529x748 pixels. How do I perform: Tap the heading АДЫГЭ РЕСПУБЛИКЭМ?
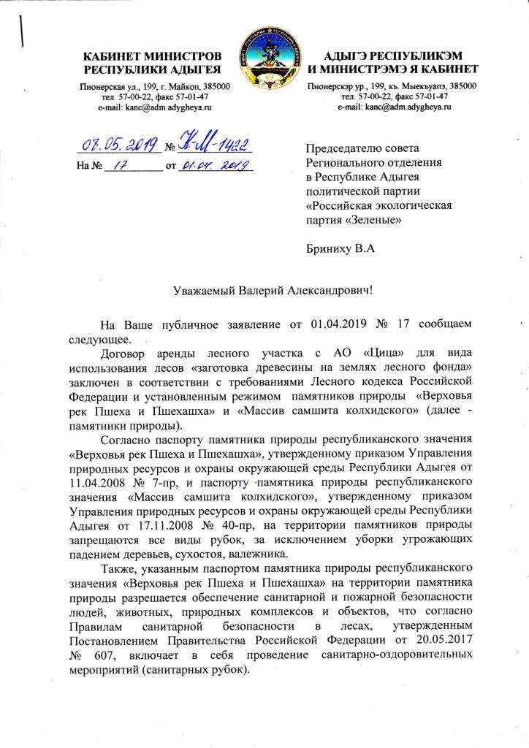pos(392,57)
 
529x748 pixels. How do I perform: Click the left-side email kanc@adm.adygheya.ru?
pos(154,107)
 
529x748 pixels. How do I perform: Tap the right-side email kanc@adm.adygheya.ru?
pos(394,107)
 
